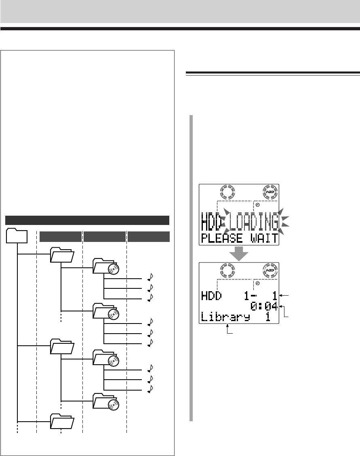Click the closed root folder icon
pos(17,235)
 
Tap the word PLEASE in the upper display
pos(222,238)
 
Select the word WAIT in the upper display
pos(264,238)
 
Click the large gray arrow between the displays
pos(239,254)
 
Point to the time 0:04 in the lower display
pos(264,307)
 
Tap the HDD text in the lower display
pos(212,296)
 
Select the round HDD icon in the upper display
pos(270,192)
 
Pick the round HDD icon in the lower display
pos(270,271)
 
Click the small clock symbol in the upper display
pos(257,205)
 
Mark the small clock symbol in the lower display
pos(257,284)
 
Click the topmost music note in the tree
pos(150,277)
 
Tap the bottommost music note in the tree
pos(150,389)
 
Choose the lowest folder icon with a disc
pos(106,401)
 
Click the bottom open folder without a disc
pos(62,421)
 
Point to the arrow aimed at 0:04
pos(284,311)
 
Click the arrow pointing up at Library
pos(230,330)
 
